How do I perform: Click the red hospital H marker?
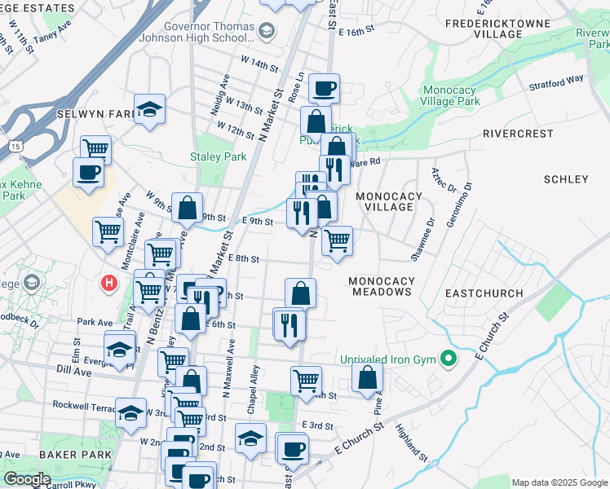(108, 284)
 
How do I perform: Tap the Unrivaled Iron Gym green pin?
(447, 358)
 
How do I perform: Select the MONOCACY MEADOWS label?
(381, 287)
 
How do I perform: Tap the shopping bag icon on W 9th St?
(188, 208)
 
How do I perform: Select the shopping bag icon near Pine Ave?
(368, 377)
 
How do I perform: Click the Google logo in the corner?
(28, 478)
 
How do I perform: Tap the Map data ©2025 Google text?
(559, 482)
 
